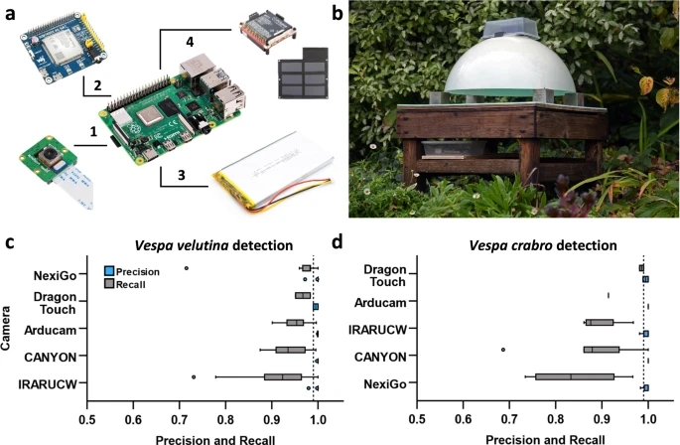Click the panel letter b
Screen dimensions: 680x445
click(337, 14)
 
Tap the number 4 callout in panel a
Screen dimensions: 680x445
click(190, 42)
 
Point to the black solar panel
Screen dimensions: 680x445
click(303, 73)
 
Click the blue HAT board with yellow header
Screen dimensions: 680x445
click(64, 48)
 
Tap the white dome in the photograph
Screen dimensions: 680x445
click(508, 67)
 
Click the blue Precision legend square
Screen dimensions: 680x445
click(109, 271)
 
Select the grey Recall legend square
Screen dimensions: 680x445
click(109, 284)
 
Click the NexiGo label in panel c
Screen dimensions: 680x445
click(55, 276)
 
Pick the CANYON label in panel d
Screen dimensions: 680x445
click(380, 358)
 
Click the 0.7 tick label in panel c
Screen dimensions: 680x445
click(179, 419)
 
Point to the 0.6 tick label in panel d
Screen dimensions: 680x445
click(464, 419)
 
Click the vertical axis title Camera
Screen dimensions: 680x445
click(6, 328)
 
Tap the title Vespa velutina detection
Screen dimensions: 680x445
click(213, 245)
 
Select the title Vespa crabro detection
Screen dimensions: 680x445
click(543, 245)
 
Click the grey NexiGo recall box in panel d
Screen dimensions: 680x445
click(575, 376)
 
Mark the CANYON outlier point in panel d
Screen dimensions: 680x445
click(503, 350)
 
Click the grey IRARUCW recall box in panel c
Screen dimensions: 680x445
click(283, 376)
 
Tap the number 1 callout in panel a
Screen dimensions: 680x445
click(93, 131)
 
